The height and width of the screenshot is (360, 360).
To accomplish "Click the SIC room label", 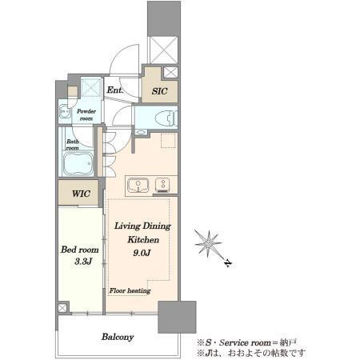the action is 159,91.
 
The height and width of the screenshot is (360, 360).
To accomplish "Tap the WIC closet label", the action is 81,194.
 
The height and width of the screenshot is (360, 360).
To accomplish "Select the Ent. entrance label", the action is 115,90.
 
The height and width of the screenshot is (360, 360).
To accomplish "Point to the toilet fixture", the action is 166,118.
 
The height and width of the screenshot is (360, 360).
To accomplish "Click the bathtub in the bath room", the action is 78,163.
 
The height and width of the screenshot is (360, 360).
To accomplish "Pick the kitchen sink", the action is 138,185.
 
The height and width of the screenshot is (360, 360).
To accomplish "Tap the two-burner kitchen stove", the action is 162,185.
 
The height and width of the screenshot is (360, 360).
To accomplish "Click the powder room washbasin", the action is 65,111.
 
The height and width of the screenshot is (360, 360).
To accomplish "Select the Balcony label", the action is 118,337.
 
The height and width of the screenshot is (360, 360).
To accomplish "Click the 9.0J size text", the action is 142,253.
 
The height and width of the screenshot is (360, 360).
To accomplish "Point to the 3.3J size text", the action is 83,262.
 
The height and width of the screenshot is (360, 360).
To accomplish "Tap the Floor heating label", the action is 130,290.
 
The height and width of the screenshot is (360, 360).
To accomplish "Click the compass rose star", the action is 208,243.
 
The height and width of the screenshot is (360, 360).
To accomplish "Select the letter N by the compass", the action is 228,263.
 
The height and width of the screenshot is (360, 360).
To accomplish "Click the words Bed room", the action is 80,250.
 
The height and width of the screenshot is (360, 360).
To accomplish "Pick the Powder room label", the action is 86,114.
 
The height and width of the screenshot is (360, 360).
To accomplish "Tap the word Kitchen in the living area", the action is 143,239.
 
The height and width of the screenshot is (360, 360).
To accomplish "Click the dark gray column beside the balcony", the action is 177,317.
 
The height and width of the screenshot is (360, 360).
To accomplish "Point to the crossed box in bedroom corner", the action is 62,308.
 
